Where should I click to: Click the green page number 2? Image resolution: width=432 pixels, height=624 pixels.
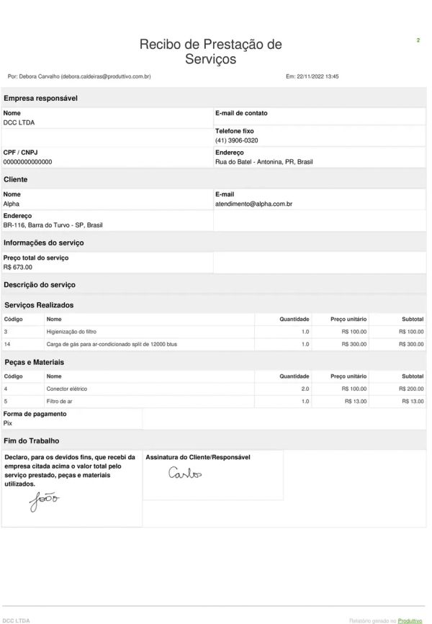point(418,40)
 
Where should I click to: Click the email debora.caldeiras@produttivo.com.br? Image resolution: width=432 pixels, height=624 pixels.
point(105,76)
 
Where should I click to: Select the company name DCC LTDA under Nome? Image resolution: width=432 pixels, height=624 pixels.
point(19,122)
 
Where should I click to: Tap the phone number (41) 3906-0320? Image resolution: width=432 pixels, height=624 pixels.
point(236,140)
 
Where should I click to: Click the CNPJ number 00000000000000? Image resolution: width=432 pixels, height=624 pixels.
point(27,162)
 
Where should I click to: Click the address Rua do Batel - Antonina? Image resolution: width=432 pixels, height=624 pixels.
point(264,162)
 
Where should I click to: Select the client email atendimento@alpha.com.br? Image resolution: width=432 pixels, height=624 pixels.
point(253,204)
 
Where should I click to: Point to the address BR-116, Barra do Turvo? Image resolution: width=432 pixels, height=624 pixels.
point(53,225)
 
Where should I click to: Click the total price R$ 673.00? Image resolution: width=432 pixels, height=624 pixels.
point(18,267)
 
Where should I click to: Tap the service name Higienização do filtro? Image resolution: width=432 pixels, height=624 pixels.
point(71,331)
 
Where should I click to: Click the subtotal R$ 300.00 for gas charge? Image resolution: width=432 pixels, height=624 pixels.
point(410,344)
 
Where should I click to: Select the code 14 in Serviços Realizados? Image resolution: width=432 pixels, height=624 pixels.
point(6,344)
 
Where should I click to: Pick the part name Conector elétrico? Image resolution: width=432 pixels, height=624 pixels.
point(67,389)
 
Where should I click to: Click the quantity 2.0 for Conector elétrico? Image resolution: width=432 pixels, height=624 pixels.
point(305,389)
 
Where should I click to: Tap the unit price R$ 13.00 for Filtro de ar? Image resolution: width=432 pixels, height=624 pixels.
point(356,401)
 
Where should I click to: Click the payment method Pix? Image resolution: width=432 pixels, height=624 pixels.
point(8,423)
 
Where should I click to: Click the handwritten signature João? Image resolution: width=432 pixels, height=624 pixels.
point(44,500)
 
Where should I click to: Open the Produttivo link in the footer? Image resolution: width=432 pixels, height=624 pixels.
point(410,620)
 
